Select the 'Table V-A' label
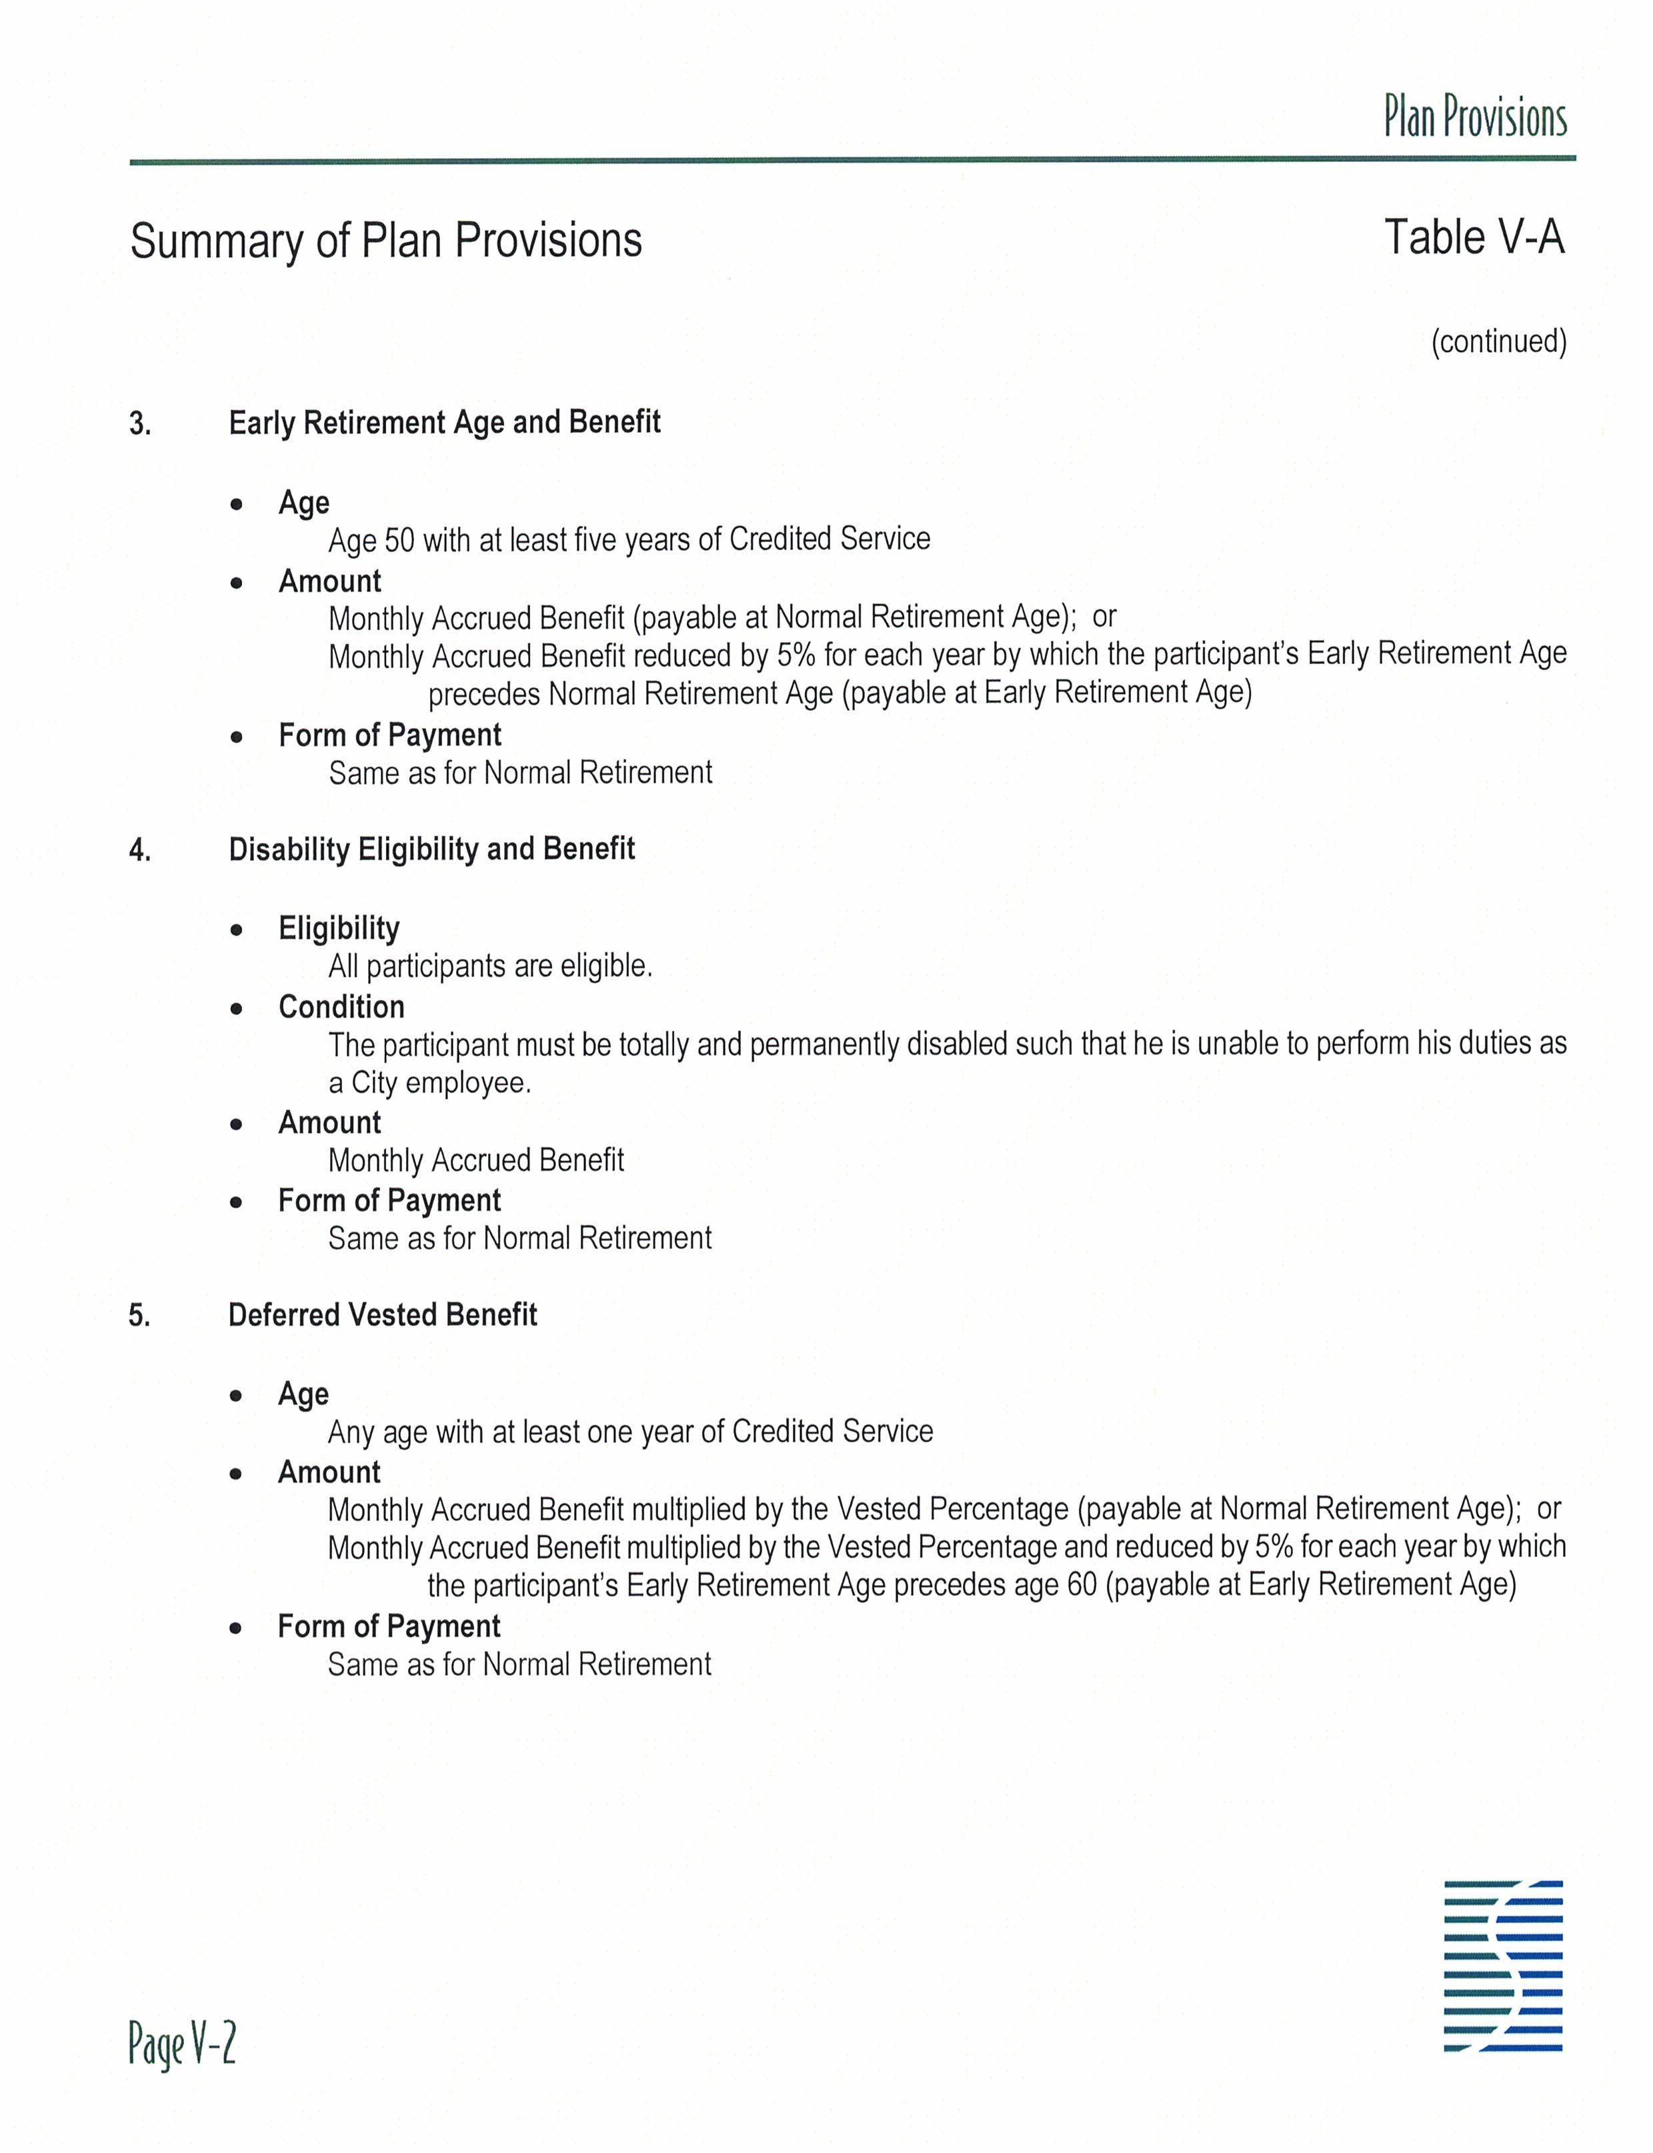click(x=1473, y=237)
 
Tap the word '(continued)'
click(x=1498, y=341)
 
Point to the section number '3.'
click(x=140, y=424)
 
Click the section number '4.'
click(x=140, y=850)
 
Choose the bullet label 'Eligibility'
click(x=339, y=928)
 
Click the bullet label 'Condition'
click(x=341, y=1007)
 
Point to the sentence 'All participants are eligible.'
click(x=490, y=966)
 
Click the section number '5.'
click(x=140, y=1316)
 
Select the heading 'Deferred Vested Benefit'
click(x=382, y=1315)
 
